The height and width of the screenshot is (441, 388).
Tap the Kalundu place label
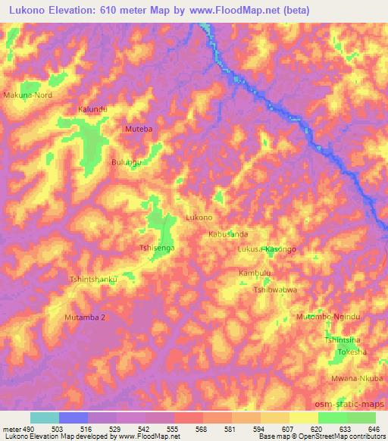coord(92,110)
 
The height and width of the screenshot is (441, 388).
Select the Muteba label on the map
coord(139,130)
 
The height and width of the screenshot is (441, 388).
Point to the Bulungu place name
coord(127,162)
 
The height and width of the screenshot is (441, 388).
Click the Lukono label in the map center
coord(199,217)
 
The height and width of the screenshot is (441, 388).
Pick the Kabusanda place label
coord(228,235)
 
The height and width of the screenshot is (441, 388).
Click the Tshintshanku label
coord(94,279)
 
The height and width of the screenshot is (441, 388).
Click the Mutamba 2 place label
coord(85,317)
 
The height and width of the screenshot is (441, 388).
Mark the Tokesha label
coord(352,353)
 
